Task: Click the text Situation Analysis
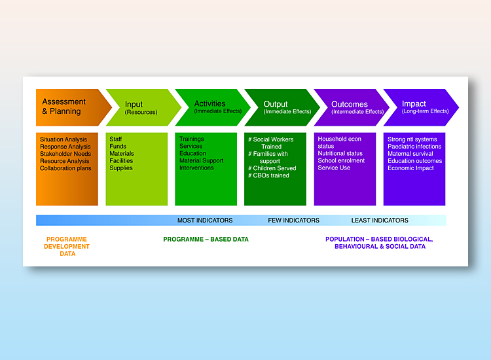coord(64,139)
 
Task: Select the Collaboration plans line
coord(65,168)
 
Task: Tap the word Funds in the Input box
coord(118,146)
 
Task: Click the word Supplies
coord(121,168)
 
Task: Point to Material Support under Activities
coord(202,160)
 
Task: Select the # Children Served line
coord(272,168)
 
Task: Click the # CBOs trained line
coord(268,175)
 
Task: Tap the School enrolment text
coord(341,160)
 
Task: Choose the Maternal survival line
coord(410,154)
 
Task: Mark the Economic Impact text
coord(410,168)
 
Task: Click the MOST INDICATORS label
coord(205,221)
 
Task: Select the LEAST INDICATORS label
coord(380,221)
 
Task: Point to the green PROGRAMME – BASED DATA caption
coord(206,240)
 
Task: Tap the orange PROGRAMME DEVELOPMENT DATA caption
coord(67,247)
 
